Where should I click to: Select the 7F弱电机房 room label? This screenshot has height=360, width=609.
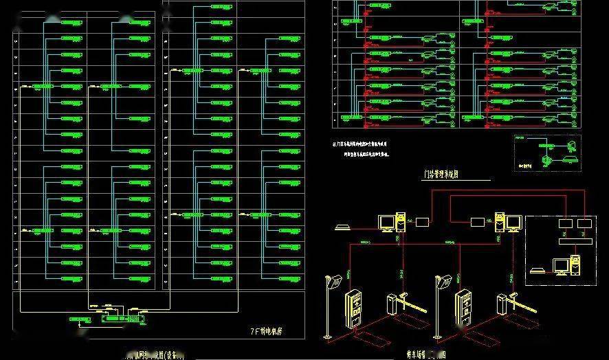click(x=267, y=331)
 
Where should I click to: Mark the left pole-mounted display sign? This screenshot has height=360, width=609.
click(x=335, y=282)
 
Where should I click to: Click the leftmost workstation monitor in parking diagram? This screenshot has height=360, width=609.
click(x=388, y=223)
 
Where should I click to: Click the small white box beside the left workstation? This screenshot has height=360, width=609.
click(x=421, y=222)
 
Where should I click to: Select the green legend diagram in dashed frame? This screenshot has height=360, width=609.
click(x=548, y=153)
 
